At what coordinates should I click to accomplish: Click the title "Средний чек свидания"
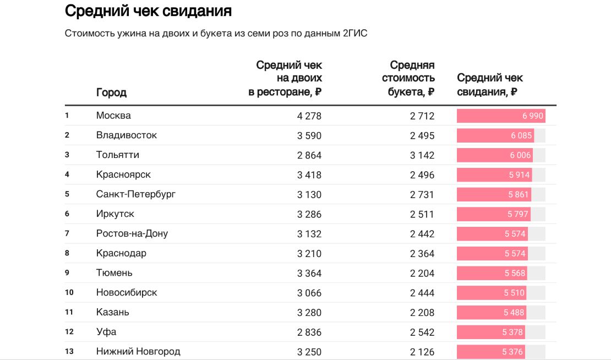tap(148, 11)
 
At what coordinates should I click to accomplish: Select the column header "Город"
tap(111, 92)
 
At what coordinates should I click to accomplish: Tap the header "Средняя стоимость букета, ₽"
tap(408, 78)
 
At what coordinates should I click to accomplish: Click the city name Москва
tap(113, 116)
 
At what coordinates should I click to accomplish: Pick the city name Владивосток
tap(126, 135)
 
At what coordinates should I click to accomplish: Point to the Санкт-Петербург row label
tap(135, 194)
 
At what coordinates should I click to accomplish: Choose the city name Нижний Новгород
tap(138, 351)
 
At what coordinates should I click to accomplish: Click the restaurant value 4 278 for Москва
tap(309, 116)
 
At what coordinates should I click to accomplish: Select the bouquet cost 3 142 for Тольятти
tap(422, 155)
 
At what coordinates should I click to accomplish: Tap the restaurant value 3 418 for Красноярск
tap(309, 175)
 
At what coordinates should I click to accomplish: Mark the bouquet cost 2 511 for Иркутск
tap(422, 214)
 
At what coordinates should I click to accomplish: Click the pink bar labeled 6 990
tap(500, 116)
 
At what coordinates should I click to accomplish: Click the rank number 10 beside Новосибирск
tap(69, 292)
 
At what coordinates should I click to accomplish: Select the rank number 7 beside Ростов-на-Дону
tap(67, 233)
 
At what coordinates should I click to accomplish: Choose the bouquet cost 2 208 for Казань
tap(422, 313)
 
